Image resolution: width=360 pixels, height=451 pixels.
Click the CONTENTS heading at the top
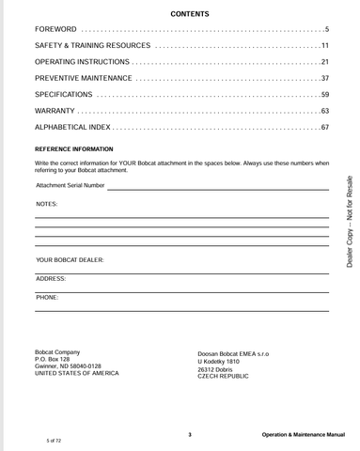pos(190,14)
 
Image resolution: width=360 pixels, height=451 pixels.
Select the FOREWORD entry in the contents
pos(56,30)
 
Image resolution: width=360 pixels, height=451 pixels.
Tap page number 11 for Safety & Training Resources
pos(324,46)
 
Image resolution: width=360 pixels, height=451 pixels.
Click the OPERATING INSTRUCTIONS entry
pos(83,62)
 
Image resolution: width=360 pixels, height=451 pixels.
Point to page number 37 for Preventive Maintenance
pos(324,78)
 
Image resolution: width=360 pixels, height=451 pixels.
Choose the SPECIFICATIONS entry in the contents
pos(64,95)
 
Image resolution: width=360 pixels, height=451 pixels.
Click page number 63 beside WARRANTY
pos(324,111)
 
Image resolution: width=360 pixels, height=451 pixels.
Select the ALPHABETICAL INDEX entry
pos(73,127)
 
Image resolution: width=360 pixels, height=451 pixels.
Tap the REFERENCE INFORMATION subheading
pos(73,149)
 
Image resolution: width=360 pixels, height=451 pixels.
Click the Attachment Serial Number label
pos(70,186)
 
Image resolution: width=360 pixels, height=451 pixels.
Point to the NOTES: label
pos(47,204)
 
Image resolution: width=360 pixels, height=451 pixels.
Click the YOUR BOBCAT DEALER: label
pos(70,259)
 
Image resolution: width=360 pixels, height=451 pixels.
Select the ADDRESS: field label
pos(51,279)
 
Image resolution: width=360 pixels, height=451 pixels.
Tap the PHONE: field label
pos(47,297)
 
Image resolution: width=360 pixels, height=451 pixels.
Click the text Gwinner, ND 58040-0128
pos(68,366)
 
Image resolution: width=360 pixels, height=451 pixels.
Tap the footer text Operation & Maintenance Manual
pos(304,435)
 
